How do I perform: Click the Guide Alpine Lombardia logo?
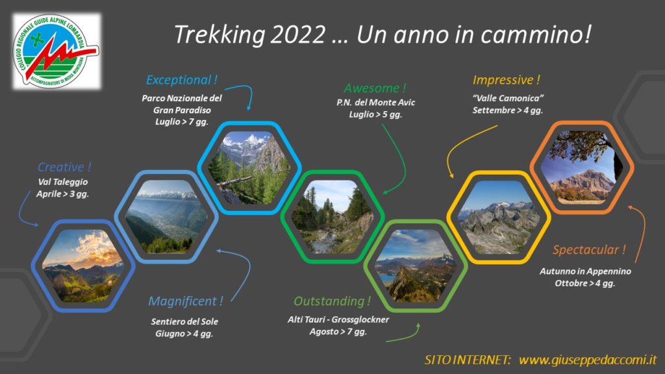(x=57, y=51)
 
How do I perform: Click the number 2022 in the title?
(x=297, y=34)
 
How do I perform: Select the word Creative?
(x=60, y=167)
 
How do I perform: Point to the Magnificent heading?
(x=182, y=301)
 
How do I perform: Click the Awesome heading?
(x=371, y=88)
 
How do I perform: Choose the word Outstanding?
(x=329, y=301)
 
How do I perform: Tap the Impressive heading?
(x=503, y=80)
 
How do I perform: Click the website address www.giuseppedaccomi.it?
(x=588, y=360)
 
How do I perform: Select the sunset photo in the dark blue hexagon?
(x=83, y=266)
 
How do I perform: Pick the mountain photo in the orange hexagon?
(x=582, y=167)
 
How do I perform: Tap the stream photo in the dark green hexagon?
(x=332, y=217)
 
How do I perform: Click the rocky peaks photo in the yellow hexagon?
(x=499, y=217)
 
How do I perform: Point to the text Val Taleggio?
(x=63, y=182)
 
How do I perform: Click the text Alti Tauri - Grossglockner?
(x=338, y=319)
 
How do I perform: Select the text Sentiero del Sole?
(x=184, y=321)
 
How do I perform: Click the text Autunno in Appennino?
(x=585, y=271)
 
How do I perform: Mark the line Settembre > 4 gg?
(x=508, y=110)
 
